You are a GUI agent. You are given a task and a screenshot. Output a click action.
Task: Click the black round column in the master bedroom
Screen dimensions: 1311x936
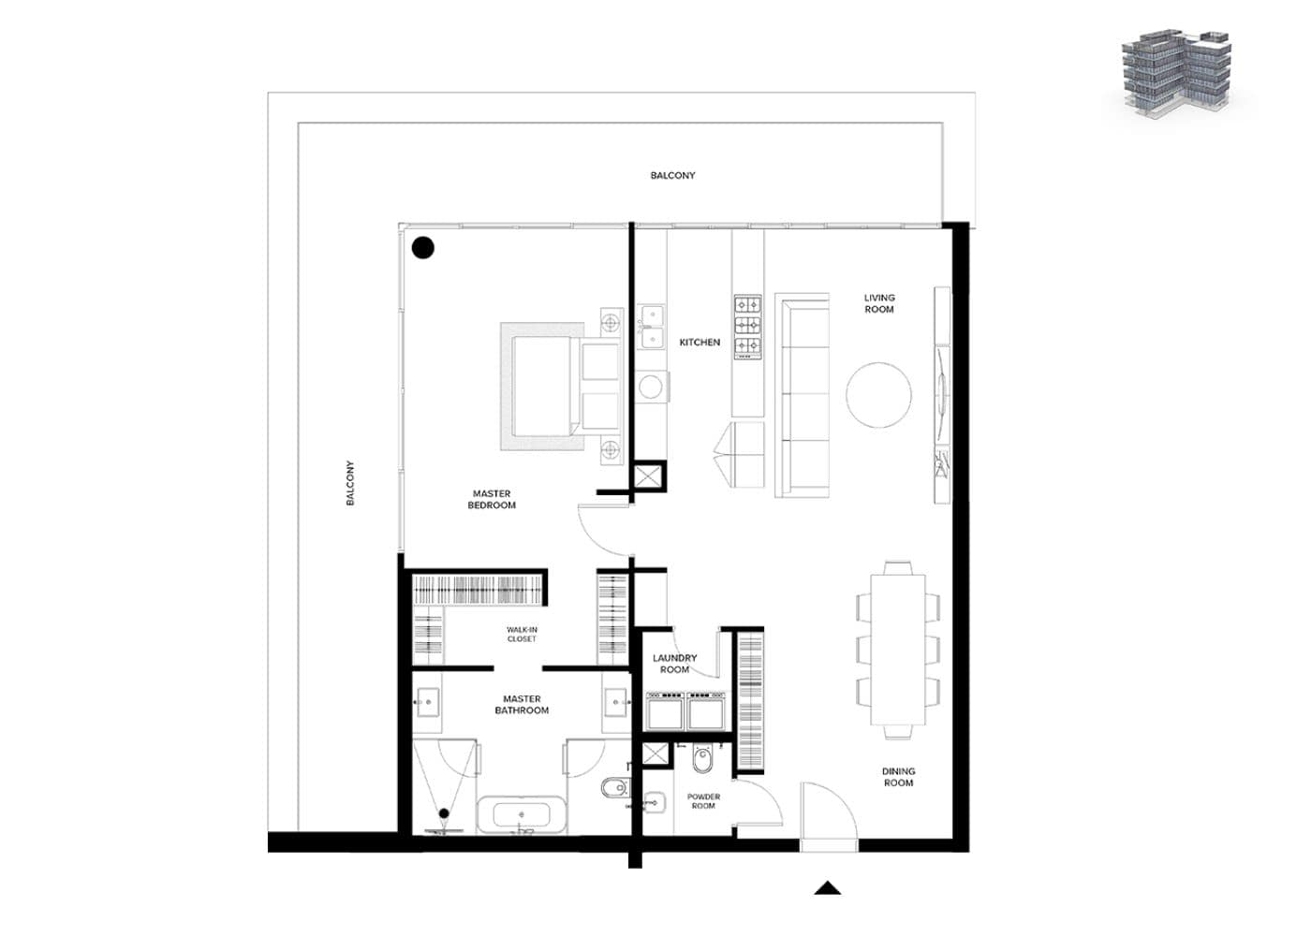(423, 248)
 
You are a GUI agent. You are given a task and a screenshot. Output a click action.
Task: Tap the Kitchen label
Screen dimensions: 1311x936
(700, 343)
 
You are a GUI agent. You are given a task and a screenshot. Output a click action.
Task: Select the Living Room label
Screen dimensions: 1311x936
(879, 303)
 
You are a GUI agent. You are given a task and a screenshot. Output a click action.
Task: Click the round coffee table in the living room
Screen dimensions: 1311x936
(878, 395)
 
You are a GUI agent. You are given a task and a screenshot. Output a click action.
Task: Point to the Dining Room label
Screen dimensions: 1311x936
(898, 777)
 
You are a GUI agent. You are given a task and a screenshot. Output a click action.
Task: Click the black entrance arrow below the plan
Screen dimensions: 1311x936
(828, 888)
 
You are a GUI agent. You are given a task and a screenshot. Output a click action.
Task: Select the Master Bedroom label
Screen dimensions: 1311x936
(492, 499)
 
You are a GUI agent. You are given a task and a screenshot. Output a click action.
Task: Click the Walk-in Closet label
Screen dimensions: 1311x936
(522, 635)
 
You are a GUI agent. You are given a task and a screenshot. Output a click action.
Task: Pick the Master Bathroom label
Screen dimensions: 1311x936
(523, 704)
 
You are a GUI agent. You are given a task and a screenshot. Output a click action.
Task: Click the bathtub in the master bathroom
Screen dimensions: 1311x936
(522, 815)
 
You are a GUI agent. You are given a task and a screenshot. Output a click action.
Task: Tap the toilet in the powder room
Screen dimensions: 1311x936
(701, 759)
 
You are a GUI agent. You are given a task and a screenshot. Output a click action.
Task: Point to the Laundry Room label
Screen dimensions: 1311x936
(674, 664)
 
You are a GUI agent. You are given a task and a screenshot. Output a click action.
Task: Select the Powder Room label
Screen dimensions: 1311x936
(703, 801)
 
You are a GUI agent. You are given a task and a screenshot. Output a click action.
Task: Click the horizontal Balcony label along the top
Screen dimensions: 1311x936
(672, 176)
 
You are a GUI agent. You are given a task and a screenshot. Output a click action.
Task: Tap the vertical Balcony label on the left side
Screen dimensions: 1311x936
(350, 483)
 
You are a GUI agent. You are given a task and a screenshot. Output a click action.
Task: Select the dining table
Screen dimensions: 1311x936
(898, 650)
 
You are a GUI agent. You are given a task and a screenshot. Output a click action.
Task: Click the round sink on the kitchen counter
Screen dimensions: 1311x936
(650, 387)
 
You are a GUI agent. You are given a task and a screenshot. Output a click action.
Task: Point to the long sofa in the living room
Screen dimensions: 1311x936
(803, 395)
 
